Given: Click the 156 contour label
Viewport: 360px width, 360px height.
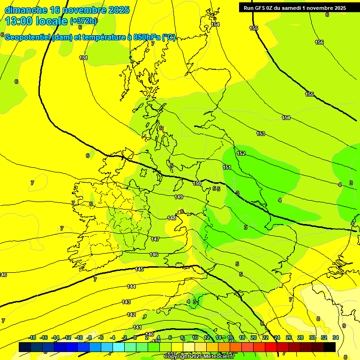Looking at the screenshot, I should pyautogui.click(x=319, y=43).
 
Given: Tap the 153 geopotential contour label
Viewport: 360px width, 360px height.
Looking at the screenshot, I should pyautogui.click(x=261, y=134).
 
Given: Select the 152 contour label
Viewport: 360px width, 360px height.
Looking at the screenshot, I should pyautogui.click(x=241, y=153).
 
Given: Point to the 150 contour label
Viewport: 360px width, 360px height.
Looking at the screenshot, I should pyautogui.click(x=197, y=183).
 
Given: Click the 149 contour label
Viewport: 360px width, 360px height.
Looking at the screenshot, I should pyautogui.click(x=179, y=197).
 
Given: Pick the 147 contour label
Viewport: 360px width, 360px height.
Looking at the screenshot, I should pyautogui.click(x=155, y=239).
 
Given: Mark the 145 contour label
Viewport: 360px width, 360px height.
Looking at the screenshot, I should pyautogui.click(x=140, y=269).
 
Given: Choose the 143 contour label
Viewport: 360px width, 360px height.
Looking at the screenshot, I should pyautogui.click(x=126, y=302).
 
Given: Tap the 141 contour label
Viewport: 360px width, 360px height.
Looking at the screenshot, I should pyautogui.click(x=137, y=327).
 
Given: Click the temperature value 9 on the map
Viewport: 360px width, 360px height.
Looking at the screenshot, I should pyautogui.click(x=344, y=326).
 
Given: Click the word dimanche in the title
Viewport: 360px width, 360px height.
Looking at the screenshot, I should pyautogui.click(x=26, y=10).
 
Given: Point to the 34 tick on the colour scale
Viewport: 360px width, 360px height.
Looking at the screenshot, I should pyautogui.click(x=336, y=337).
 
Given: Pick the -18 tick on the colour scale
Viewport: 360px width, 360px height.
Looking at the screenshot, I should pyautogui.click(x=32, y=337).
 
